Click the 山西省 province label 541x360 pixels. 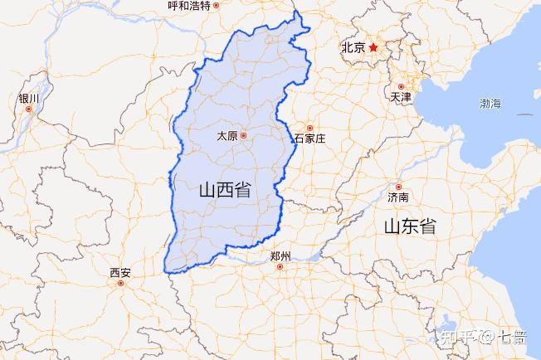(x=225, y=189)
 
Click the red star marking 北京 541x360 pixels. (x=373, y=47)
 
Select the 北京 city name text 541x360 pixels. (x=353, y=48)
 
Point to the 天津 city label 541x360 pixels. (x=400, y=98)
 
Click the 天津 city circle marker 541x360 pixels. (x=401, y=85)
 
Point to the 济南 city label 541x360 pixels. (x=397, y=198)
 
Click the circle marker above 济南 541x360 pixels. (x=398, y=187)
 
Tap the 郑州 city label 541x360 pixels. (x=280, y=257)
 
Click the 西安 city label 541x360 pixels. (x=120, y=272)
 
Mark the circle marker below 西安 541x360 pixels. (x=121, y=284)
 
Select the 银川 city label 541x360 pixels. (x=28, y=98)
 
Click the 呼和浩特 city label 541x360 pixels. (x=188, y=5)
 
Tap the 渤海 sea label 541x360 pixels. (x=490, y=104)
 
